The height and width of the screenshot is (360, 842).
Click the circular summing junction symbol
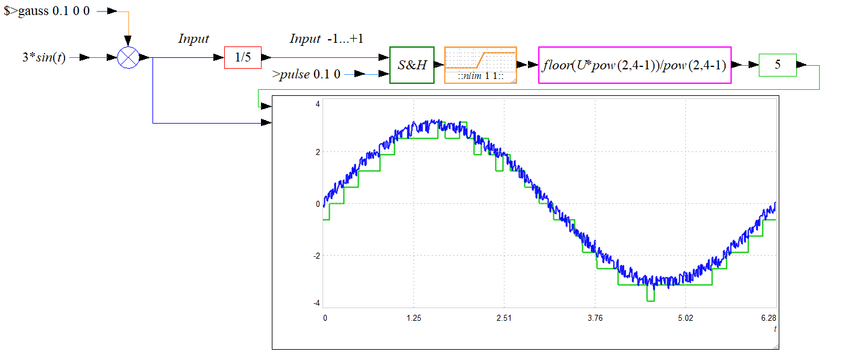(x=128, y=57)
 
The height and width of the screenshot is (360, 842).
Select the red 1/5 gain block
(x=243, y=57)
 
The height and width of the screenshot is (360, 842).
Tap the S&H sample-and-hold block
(x=412, y=65)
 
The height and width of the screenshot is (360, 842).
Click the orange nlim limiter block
(x=480, y=65)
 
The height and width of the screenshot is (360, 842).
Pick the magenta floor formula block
(x=635, y=65)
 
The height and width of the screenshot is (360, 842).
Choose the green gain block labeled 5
(x=778, y=65)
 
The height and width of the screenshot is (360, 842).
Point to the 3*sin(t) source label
(x=44, y=57)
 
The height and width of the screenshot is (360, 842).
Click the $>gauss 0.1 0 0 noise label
(x=46, y=11)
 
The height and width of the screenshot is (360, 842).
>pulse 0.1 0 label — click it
(x=306, y=74)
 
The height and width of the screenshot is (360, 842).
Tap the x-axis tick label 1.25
(x=414, y=318)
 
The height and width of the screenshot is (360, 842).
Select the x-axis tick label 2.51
(x=504, y=318)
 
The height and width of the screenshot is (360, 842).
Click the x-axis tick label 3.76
(x=595, y=318)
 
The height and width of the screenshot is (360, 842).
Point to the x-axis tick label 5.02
(x=686, y=318)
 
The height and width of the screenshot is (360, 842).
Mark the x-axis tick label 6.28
(x=768, y=318)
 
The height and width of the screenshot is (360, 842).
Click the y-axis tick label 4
(x=318, y=104)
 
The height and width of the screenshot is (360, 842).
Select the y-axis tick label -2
(x=317, y=256)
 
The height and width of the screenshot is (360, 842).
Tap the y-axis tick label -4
(x=317, y=303)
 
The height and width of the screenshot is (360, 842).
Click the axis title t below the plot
(x=774, y=329)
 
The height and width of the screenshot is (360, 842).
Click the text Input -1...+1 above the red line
(x=326, y=39)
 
